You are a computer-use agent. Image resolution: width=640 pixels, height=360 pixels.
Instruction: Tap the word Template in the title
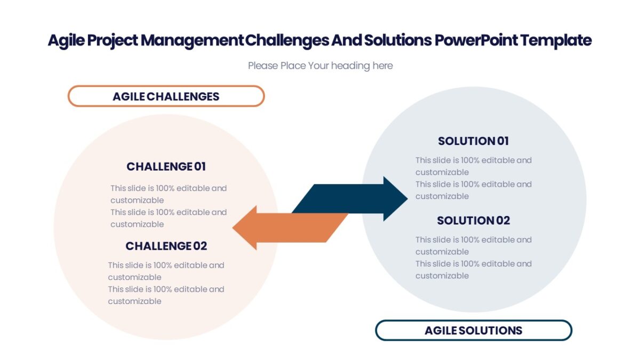pyautogui.click(x=556, y=41)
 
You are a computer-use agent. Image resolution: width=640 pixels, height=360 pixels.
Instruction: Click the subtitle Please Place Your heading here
pyautogui.click(x=320, y=66)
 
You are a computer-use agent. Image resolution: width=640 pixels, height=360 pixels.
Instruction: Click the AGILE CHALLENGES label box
pyautogui.click(x=166, y=97)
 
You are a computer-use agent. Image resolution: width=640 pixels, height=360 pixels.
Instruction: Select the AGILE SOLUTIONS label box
pyautogui.click(x=473, y=330)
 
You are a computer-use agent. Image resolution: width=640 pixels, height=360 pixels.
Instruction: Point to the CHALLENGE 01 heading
pyautogui.click(x=166, y=166)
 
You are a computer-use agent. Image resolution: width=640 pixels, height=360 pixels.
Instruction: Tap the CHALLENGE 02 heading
pyautogui.click(x=166, y=246)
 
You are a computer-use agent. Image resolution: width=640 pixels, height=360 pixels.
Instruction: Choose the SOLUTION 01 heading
pyautogui.click(x=473, y=141)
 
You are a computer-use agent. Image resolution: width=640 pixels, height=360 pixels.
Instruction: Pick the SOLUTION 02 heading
pyautogui.click(x=473, y=220)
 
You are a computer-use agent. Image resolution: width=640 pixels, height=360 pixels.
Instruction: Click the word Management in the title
pyautogui.click(x=192, y=41)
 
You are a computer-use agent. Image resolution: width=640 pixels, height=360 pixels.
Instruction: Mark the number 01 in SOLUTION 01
pyautogui.click(x=503, y=141)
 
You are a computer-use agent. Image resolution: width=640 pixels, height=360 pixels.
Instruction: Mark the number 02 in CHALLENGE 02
pyautogui.click(x=200, y=246)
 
